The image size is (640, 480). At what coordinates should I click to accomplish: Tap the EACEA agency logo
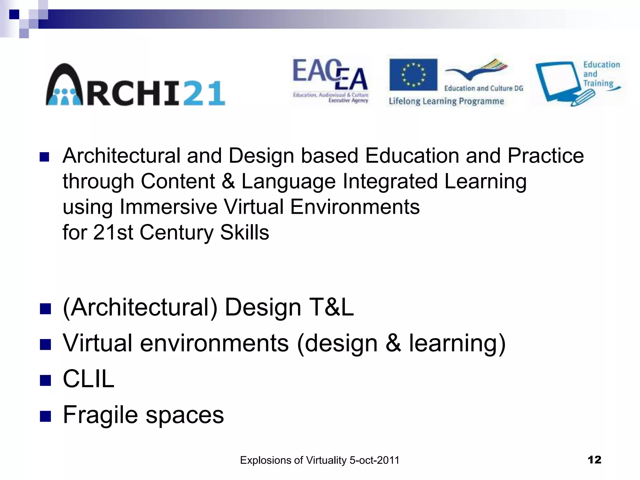click(x=331, y=81)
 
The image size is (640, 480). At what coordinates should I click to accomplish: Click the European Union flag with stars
click(x=413, y=74)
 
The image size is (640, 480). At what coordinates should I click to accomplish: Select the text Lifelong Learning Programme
click(x=446, y=101)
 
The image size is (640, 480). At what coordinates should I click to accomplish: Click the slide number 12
click(x=594, y=460)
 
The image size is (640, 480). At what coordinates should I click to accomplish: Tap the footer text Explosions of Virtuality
click(x=319, y=460)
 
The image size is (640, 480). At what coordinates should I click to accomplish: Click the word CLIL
click(x=88, y=379)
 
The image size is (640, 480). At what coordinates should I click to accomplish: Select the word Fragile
click(x=100, y=415)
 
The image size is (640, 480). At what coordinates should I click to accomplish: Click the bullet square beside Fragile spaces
click(x=45, y=416)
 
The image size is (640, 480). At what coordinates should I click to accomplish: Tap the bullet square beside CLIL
click(x=45, y=380)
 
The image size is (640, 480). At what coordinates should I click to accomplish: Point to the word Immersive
click(x=168, y=207)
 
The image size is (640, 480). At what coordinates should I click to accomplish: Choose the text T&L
click(x=331, y=307)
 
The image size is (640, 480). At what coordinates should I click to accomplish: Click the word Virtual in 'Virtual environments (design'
click(x=97, y=343)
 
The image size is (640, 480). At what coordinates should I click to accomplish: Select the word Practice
click(x=545, y=156)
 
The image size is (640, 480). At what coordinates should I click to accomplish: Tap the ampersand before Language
click(x=228, y=181)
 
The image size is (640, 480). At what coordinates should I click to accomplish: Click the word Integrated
click(x=390, y=181)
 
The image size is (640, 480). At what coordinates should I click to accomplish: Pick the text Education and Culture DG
click(x=483, y=88)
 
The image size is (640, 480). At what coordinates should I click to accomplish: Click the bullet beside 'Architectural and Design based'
click(x=45, y=157)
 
